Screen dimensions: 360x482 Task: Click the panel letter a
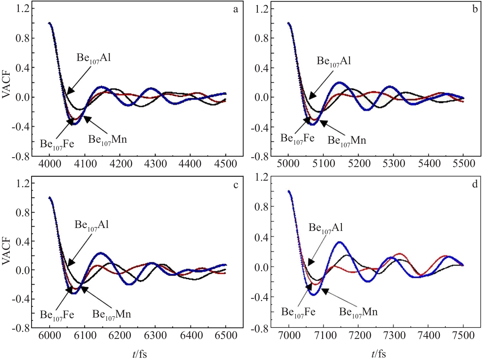point(235,9)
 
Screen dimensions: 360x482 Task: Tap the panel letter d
point(475,184)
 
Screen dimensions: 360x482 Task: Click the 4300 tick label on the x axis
point(155,164)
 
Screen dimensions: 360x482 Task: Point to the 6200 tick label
point(120,335)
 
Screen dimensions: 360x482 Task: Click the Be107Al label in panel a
point(93,58)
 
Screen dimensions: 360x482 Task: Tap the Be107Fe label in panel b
point(297,138)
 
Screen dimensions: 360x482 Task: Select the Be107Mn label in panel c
point(112,314)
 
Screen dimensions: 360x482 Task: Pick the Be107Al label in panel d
point(326,228)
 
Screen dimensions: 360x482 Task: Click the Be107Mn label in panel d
point(358,312)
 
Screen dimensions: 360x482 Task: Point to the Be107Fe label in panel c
point(57,315)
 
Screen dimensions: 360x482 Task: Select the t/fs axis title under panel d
point(379,354)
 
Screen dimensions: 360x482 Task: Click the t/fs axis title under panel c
point(139,354)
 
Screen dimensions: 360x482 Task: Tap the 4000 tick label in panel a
point(49,164)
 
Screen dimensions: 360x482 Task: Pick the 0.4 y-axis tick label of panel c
point(22,241)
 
